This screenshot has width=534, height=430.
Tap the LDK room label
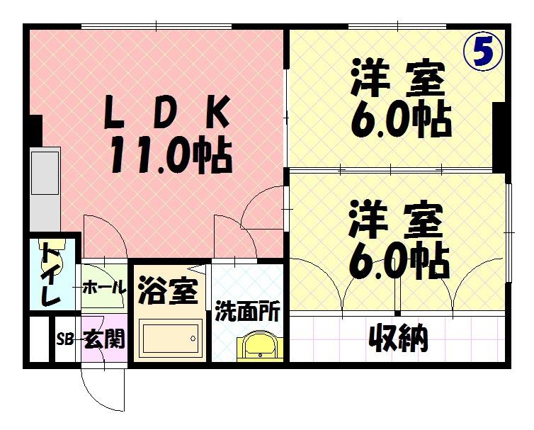(x=166, y=113)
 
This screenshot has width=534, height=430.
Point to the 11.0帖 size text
(x=171, y=154)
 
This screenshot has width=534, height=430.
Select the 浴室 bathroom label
(x=168, y=290)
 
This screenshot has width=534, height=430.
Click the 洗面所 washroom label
(x=248, y=311)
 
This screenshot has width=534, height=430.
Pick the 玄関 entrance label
(x=105, y=339)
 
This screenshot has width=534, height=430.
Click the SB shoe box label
(x=64, y=340)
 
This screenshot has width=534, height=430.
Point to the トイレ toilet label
(x=51, y=276)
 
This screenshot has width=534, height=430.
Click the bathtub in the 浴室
(x=170, y=339)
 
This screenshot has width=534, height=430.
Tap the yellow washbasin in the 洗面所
(x=260, y=348)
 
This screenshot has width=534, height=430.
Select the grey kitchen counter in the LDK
(x=45, y=189)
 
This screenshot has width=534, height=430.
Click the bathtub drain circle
(x=193, y=339)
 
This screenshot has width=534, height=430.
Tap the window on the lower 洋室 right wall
(x=509, y=233)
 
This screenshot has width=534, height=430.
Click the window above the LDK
(x=157, y=26)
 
